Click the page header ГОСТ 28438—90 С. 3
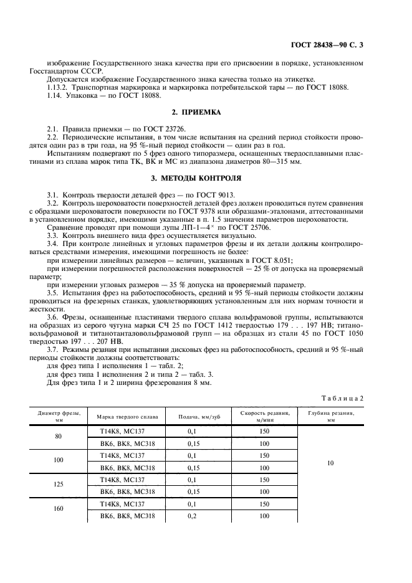(340, 44)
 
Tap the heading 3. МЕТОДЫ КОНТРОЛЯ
(206, 178)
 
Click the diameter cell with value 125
(59, 485)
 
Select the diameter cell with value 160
(59, 509)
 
